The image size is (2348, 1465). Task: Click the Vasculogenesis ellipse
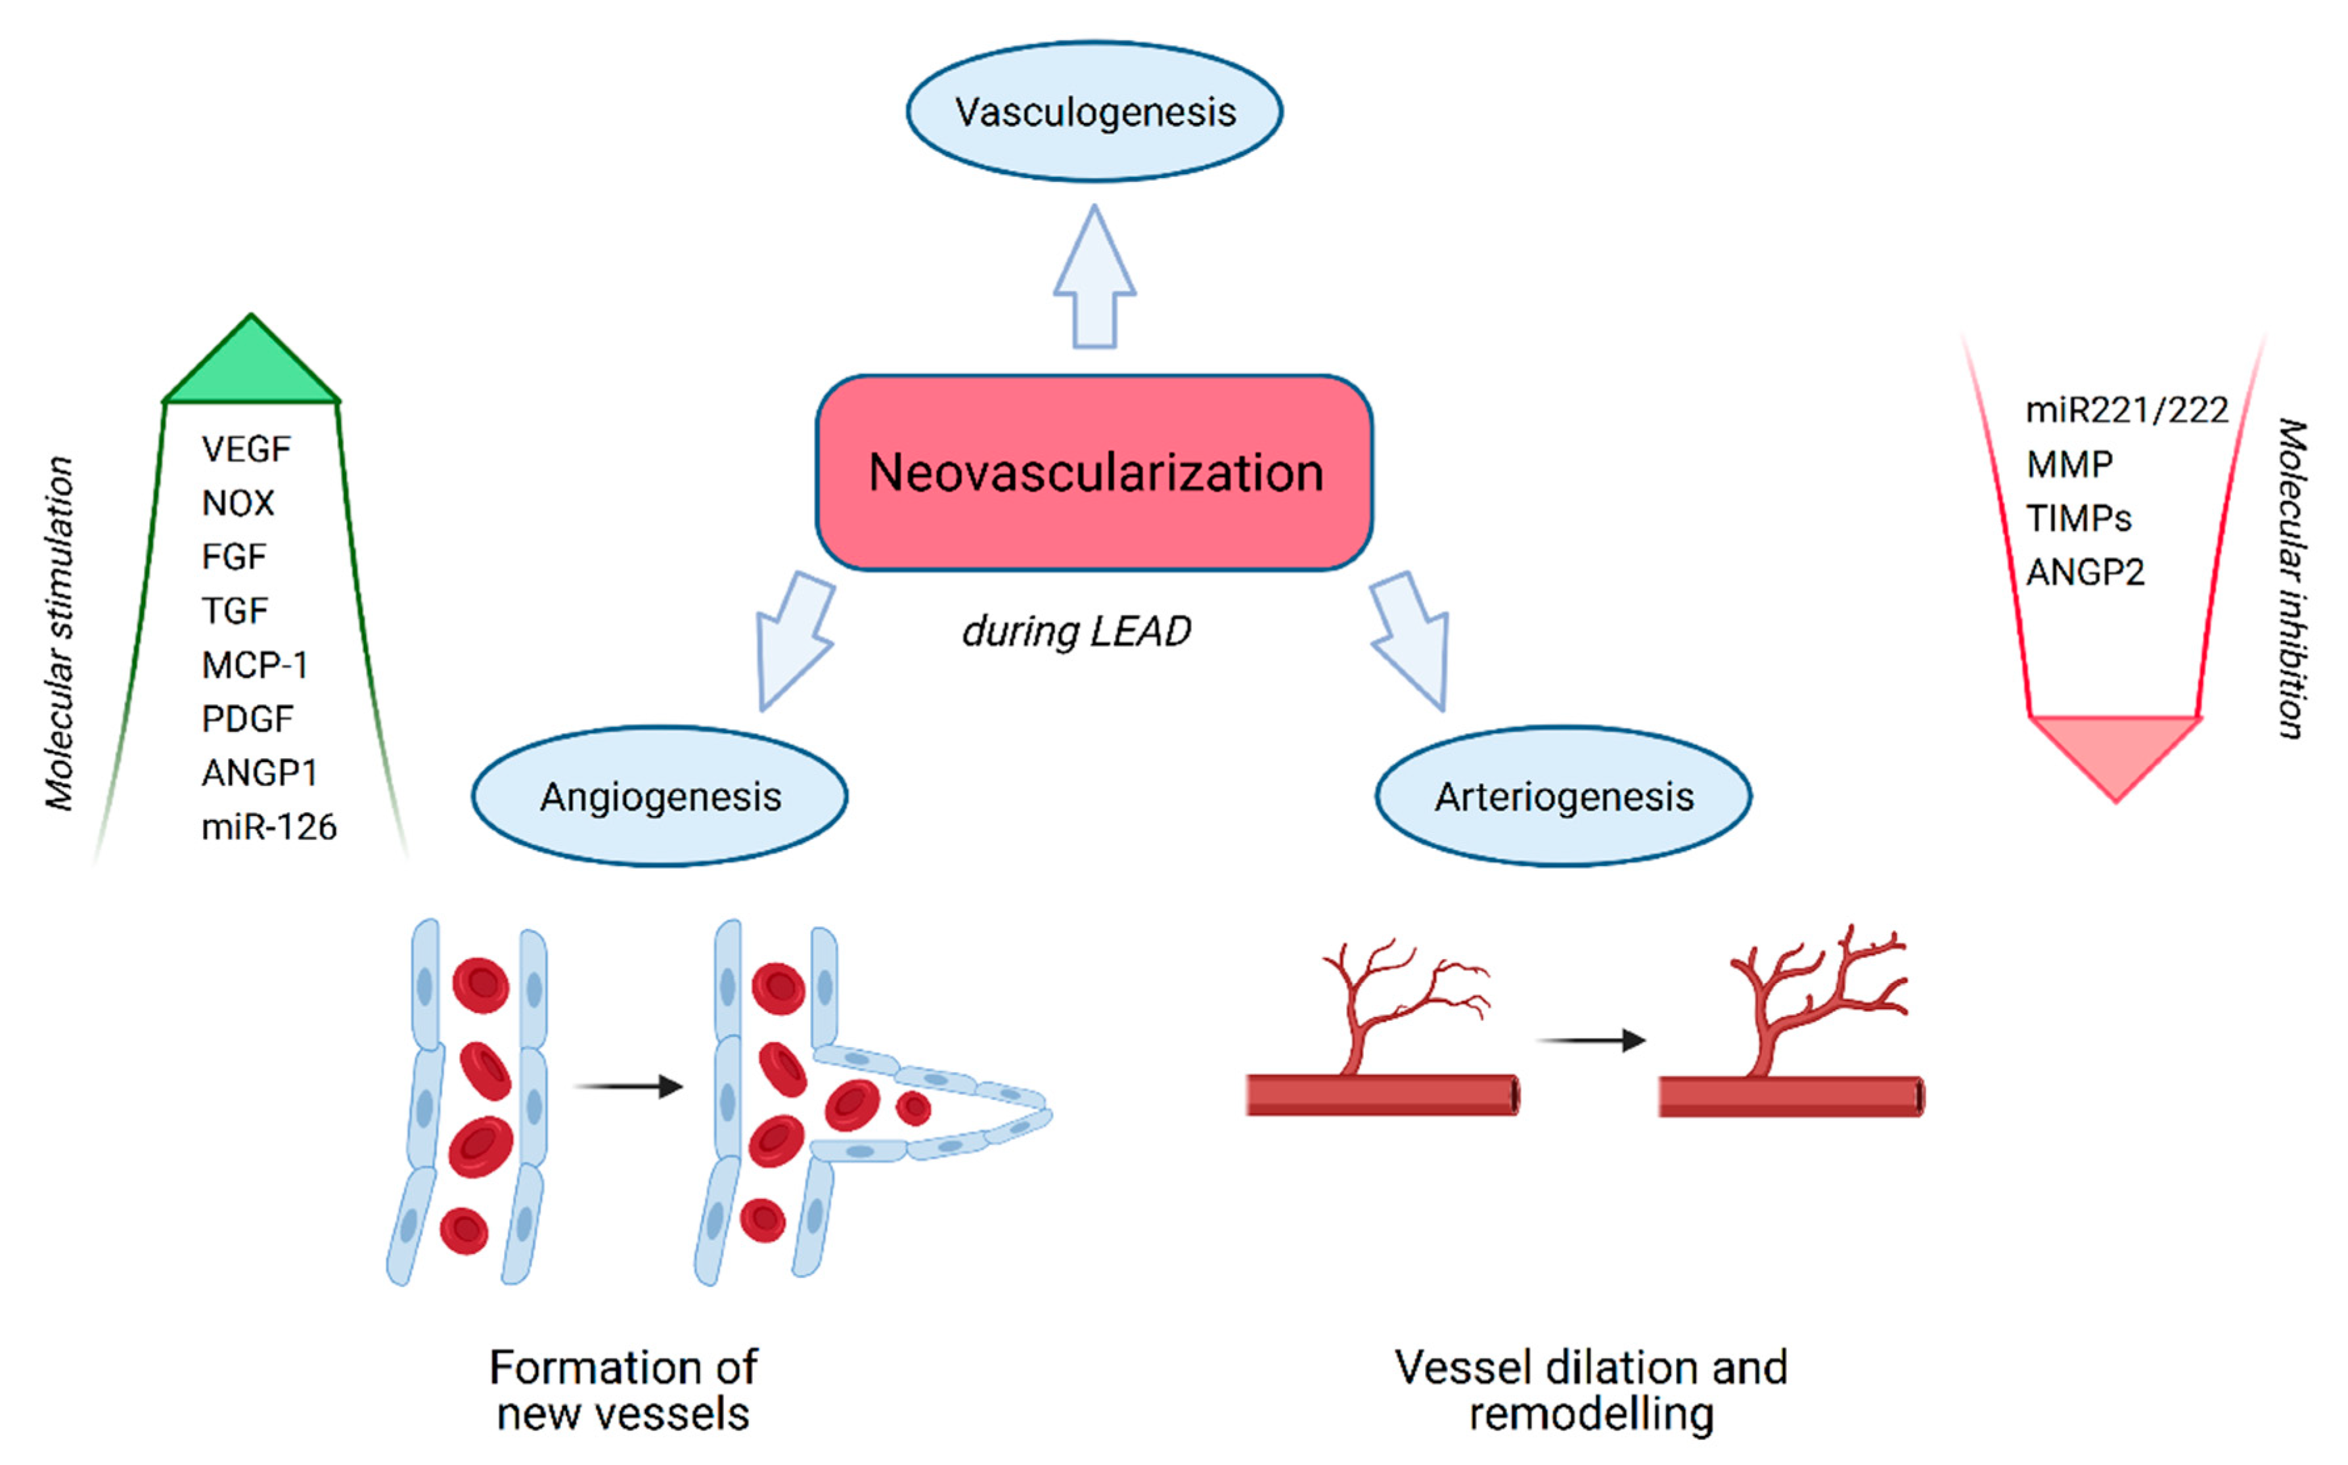point(1095,112)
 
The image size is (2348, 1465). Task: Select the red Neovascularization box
point(1095,473)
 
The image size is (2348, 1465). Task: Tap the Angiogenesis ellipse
point(660,796)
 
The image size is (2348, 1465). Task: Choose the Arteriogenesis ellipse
point(1564,796)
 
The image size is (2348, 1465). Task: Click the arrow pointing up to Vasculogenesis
point(1095,281)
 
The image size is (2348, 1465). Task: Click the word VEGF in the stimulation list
point(246,449)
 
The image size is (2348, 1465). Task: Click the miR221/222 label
point(2126,411)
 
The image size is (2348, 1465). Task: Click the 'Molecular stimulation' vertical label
point(60,634)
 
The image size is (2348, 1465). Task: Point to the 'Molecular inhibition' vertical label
point(2291,579)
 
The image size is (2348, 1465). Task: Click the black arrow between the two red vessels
point(1591,1041)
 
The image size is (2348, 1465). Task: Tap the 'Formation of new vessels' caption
point(624,1390)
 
